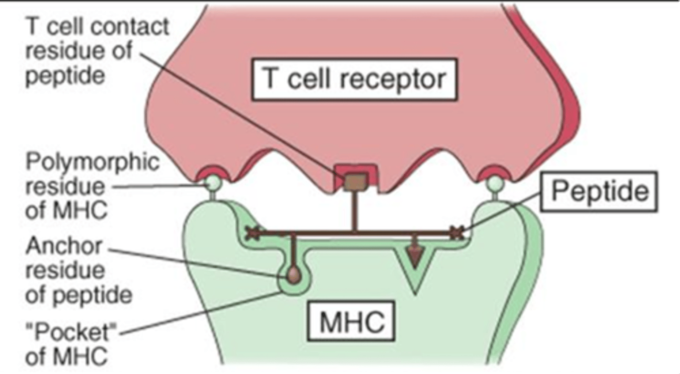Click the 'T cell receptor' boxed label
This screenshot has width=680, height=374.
(x=354, y=79)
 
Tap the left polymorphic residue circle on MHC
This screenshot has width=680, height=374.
(x=212, y=182)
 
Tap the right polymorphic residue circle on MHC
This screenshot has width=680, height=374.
(x=495, y=182)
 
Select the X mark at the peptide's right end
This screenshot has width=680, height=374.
(x=456, y=232)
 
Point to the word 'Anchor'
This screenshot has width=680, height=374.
(x=63, y=246)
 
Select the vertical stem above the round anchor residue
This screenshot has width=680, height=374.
(x=294, y=250)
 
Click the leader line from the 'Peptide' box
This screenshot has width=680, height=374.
(x=505, y=212)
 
